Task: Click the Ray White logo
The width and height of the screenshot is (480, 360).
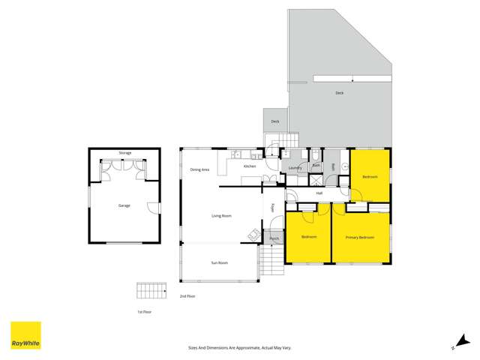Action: click(x=25, y=335)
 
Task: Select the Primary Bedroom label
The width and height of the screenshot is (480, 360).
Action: click(x=359, y=238)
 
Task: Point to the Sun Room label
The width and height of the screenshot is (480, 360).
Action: click(x=218, y=262)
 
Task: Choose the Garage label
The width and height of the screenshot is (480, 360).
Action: click(x=124, y=205)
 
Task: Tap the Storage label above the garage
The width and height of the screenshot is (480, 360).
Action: click(x=124, y=153)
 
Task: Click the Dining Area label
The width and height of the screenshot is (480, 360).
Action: click(x=199, y=169)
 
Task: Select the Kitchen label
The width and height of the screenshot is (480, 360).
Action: click(x=249, y=166)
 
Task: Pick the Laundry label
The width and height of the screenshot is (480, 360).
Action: click(x=295, y=168)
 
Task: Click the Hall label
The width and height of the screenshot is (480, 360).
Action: click(x=319, y=193)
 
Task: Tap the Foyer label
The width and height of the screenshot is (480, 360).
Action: click(x=272, y=208)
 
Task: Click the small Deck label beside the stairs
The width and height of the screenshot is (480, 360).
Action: click(x=274, y=121)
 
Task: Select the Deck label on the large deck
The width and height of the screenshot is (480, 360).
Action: click(x=339, y=93)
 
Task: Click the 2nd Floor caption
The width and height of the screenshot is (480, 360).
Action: click(x=187, y=296)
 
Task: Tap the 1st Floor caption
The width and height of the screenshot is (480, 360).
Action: click(x=144, y=310)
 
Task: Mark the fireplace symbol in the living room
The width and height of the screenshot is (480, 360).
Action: click(x=253, y=235)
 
